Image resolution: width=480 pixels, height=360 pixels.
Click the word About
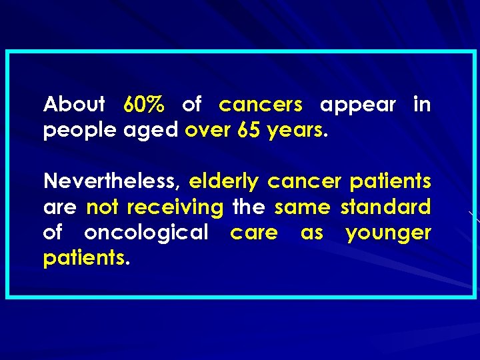point(74,105)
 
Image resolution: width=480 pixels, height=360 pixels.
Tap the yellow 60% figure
point(144,105)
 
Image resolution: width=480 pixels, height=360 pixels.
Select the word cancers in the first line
point(261,105)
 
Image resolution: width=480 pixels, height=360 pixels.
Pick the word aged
point(150,131)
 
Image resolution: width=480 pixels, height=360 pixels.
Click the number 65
point(249,131)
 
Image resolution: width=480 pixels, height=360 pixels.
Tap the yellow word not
point(103,207)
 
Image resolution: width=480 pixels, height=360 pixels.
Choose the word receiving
point(175,208)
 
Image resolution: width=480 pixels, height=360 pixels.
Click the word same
point(302,207)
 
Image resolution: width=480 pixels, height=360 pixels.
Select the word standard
point(385,207)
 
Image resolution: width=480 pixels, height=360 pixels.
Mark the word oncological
point(146,233)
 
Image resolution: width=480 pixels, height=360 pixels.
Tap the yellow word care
point(254,233)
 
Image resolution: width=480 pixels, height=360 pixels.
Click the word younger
point(388,234)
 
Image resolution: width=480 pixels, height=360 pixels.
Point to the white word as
point(311,233)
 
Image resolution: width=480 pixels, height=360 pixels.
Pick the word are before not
point(59,207)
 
